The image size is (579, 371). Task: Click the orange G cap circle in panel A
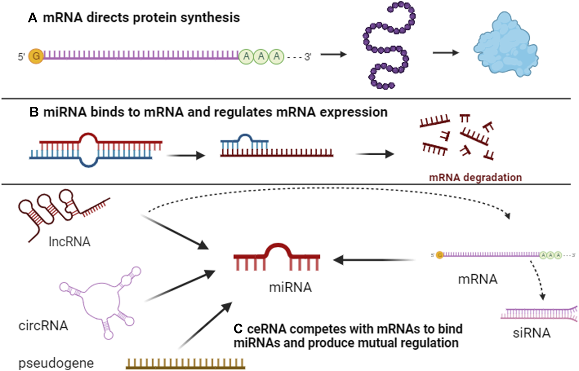coord(36,56)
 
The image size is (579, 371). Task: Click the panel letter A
coord(32,18)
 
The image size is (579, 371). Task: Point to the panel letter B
coord(34,112)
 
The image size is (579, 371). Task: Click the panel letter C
coord(238,329)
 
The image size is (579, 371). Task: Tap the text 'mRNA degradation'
coord(475,178)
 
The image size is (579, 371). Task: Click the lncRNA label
coord(69,242)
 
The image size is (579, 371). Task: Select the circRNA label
coord(43,326)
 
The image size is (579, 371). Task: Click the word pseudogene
coord(56,363)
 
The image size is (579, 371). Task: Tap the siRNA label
coord(532,333)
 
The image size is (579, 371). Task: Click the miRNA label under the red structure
coord(290,287)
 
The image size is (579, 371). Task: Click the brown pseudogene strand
coord(186,364)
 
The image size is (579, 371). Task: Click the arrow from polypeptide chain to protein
coord(446,53)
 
